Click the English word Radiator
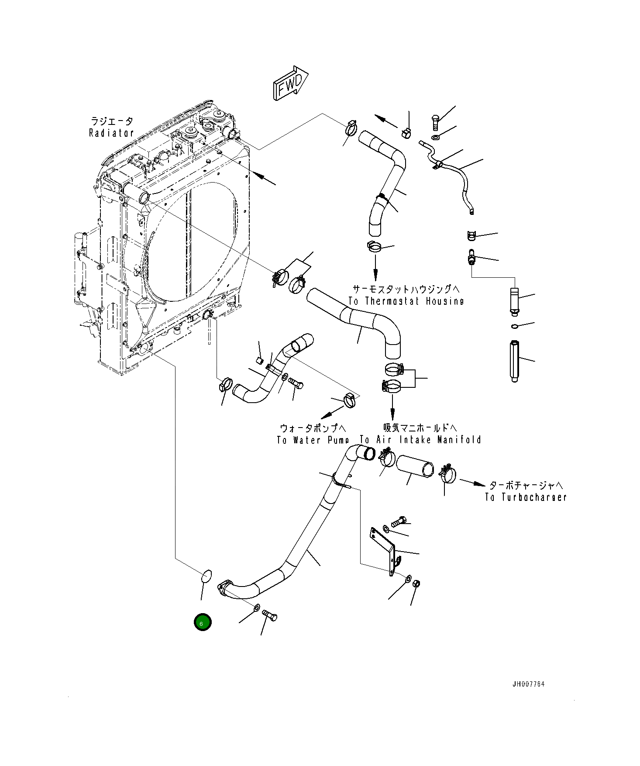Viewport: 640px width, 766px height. point(111,133)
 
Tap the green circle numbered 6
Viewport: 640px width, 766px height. point(203,622)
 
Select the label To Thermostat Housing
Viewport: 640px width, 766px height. point(406,301)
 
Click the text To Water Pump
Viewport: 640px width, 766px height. point(313,440)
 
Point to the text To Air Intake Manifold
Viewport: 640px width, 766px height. point(420,440)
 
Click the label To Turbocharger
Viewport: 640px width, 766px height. point(526,497)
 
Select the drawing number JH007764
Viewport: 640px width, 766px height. point(528,684)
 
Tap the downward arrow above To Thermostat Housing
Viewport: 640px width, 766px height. point(375,269)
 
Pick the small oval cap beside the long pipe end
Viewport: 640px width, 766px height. point(206,576)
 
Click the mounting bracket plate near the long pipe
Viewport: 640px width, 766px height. point(383,550)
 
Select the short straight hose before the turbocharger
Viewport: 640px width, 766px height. point(415,466)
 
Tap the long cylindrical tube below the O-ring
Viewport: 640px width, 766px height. point(515,361)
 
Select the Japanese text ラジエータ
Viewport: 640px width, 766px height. point(111,121)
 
